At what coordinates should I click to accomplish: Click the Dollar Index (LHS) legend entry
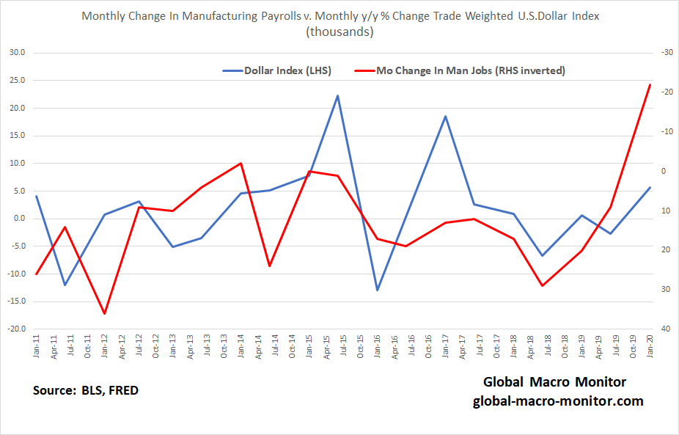(276, 71)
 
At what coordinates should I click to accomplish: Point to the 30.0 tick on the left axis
(15, 53)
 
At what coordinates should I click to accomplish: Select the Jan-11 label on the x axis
(37, 346)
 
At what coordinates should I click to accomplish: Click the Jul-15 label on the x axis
(342, 346)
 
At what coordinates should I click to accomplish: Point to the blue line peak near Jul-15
(337, 95)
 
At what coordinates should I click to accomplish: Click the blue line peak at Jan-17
(445, 116)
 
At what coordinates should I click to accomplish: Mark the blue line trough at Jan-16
(378, 290)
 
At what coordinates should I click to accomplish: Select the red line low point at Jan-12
(105, 313)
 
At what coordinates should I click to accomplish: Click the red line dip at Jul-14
(270, 266)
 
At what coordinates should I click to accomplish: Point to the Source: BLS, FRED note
(86, 390)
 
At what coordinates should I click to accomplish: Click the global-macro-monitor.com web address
(558, 401)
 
